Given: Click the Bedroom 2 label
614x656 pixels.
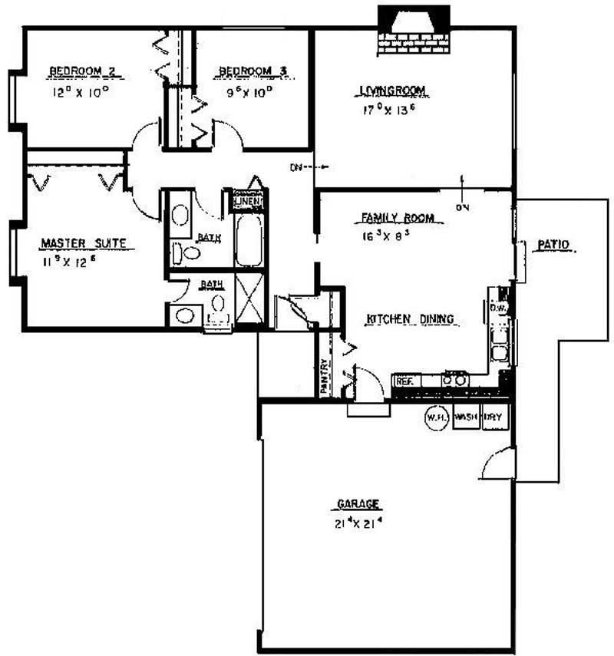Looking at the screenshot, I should [82, 72].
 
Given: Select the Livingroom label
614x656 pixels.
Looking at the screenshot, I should [393, 91].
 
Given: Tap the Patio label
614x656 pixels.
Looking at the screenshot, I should [553, 245].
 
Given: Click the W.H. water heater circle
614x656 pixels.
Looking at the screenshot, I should [436, 418].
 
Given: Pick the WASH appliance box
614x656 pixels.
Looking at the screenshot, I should [466, 418].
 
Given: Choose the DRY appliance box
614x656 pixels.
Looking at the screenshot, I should [493, 418].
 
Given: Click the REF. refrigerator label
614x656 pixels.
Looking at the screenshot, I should [404, 381].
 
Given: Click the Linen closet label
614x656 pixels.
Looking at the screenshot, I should [249, 202].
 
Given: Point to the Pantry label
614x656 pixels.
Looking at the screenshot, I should [325, 377].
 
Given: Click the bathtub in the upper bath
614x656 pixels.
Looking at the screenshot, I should [249, 239].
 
